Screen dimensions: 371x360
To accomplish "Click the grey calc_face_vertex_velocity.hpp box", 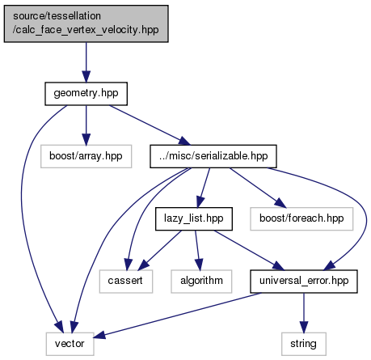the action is pos(86,23).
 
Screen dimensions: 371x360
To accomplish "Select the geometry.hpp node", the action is pos(86,94).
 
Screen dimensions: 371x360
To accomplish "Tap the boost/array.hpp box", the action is pos(86,156).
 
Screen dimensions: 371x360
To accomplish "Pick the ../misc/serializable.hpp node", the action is pos(213,156).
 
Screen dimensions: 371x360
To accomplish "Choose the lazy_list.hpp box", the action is pos(194,218).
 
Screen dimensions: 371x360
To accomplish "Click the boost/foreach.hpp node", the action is pos(301,218).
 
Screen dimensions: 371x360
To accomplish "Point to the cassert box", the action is pos(126,282).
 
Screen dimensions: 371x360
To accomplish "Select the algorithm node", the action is pos(201,282).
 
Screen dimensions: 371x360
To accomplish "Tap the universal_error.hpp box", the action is pos(304,282).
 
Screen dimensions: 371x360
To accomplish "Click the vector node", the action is pos(70,344).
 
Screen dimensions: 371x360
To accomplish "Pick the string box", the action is pos(304,344).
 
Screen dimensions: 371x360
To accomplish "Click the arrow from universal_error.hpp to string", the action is pos(304,313).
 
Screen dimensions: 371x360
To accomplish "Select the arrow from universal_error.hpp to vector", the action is pos(177,315).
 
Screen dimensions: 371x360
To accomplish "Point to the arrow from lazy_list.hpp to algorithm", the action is pos(197,250).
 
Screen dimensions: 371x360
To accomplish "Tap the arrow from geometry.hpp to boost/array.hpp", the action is pos(86,125).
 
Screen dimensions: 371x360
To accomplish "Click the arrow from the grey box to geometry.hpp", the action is pos(86,62).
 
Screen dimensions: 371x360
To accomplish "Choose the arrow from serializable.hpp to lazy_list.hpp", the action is pos(204,188).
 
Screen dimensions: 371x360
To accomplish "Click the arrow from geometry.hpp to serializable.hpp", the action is pos(150,125).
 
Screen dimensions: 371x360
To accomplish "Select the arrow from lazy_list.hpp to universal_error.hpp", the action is pos(249,250).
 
